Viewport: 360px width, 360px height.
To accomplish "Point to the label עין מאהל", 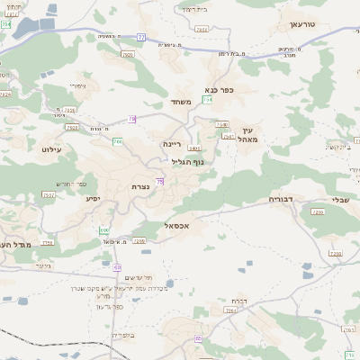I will [249, 135].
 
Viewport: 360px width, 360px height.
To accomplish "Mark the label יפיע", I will [91, 198].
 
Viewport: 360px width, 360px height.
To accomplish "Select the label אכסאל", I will [176, 226].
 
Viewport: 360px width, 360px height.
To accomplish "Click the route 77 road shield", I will [141, 37].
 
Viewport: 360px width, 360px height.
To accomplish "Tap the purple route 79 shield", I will [132, 119].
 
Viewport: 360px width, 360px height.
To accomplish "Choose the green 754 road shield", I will [207, 100].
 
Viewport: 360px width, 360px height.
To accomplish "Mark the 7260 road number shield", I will [316, 212].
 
